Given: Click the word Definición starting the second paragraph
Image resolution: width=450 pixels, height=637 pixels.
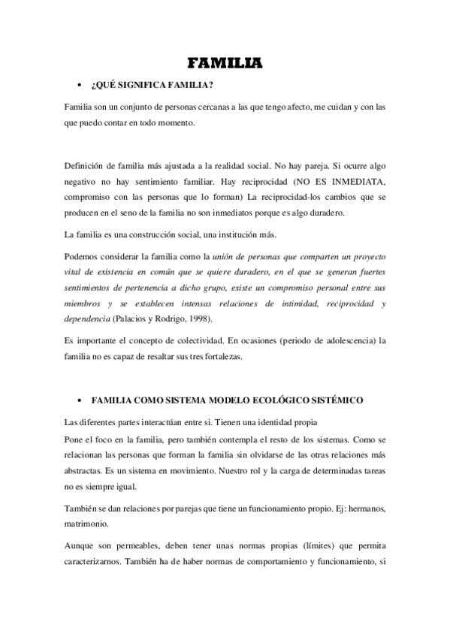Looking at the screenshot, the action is pos(88,165).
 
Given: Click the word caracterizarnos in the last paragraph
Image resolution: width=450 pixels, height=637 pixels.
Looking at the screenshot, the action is pos(99,560).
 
